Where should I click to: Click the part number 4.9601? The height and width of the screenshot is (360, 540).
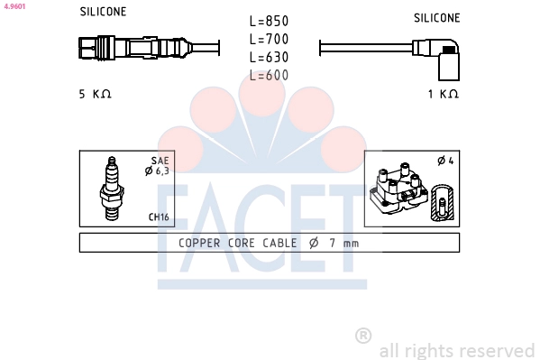[x=14, y=6]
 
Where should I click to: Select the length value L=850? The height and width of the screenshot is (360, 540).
[x=269, y=21]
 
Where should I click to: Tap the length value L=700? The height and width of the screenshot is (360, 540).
[x=269, y=39]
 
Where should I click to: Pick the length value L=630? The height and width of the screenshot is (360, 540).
[x=269, y=57]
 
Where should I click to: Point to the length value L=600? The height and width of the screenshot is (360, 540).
[x=269, y=75]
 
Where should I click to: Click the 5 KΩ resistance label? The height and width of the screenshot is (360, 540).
[x=95, y=94]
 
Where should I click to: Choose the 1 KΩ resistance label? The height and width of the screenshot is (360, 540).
[x=444, y=94]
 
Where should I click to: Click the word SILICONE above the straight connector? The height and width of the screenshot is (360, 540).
[x=103, y=12]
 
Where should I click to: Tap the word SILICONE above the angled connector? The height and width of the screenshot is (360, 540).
[x=436, y=18]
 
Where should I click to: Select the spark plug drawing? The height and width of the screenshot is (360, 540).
[x=112, y=189]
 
